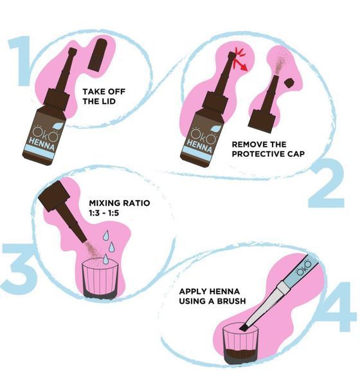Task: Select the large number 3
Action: (19, 269)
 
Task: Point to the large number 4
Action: (337, 306)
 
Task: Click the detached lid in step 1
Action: (98, 55)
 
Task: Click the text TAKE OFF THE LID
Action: (104, 96)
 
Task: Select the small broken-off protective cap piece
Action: (290, 82)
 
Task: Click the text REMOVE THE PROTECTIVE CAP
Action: (268, 149)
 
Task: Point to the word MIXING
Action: (105, 203)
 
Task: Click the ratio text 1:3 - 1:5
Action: (104, 213)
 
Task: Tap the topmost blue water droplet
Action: (106, 235)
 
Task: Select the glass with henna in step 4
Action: (240, 344)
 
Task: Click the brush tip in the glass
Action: (244, 327)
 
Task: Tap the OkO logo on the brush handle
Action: (303, 268)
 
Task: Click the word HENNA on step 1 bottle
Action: (42, 144)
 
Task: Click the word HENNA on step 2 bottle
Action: (199, 145)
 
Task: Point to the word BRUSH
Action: (231, 301)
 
